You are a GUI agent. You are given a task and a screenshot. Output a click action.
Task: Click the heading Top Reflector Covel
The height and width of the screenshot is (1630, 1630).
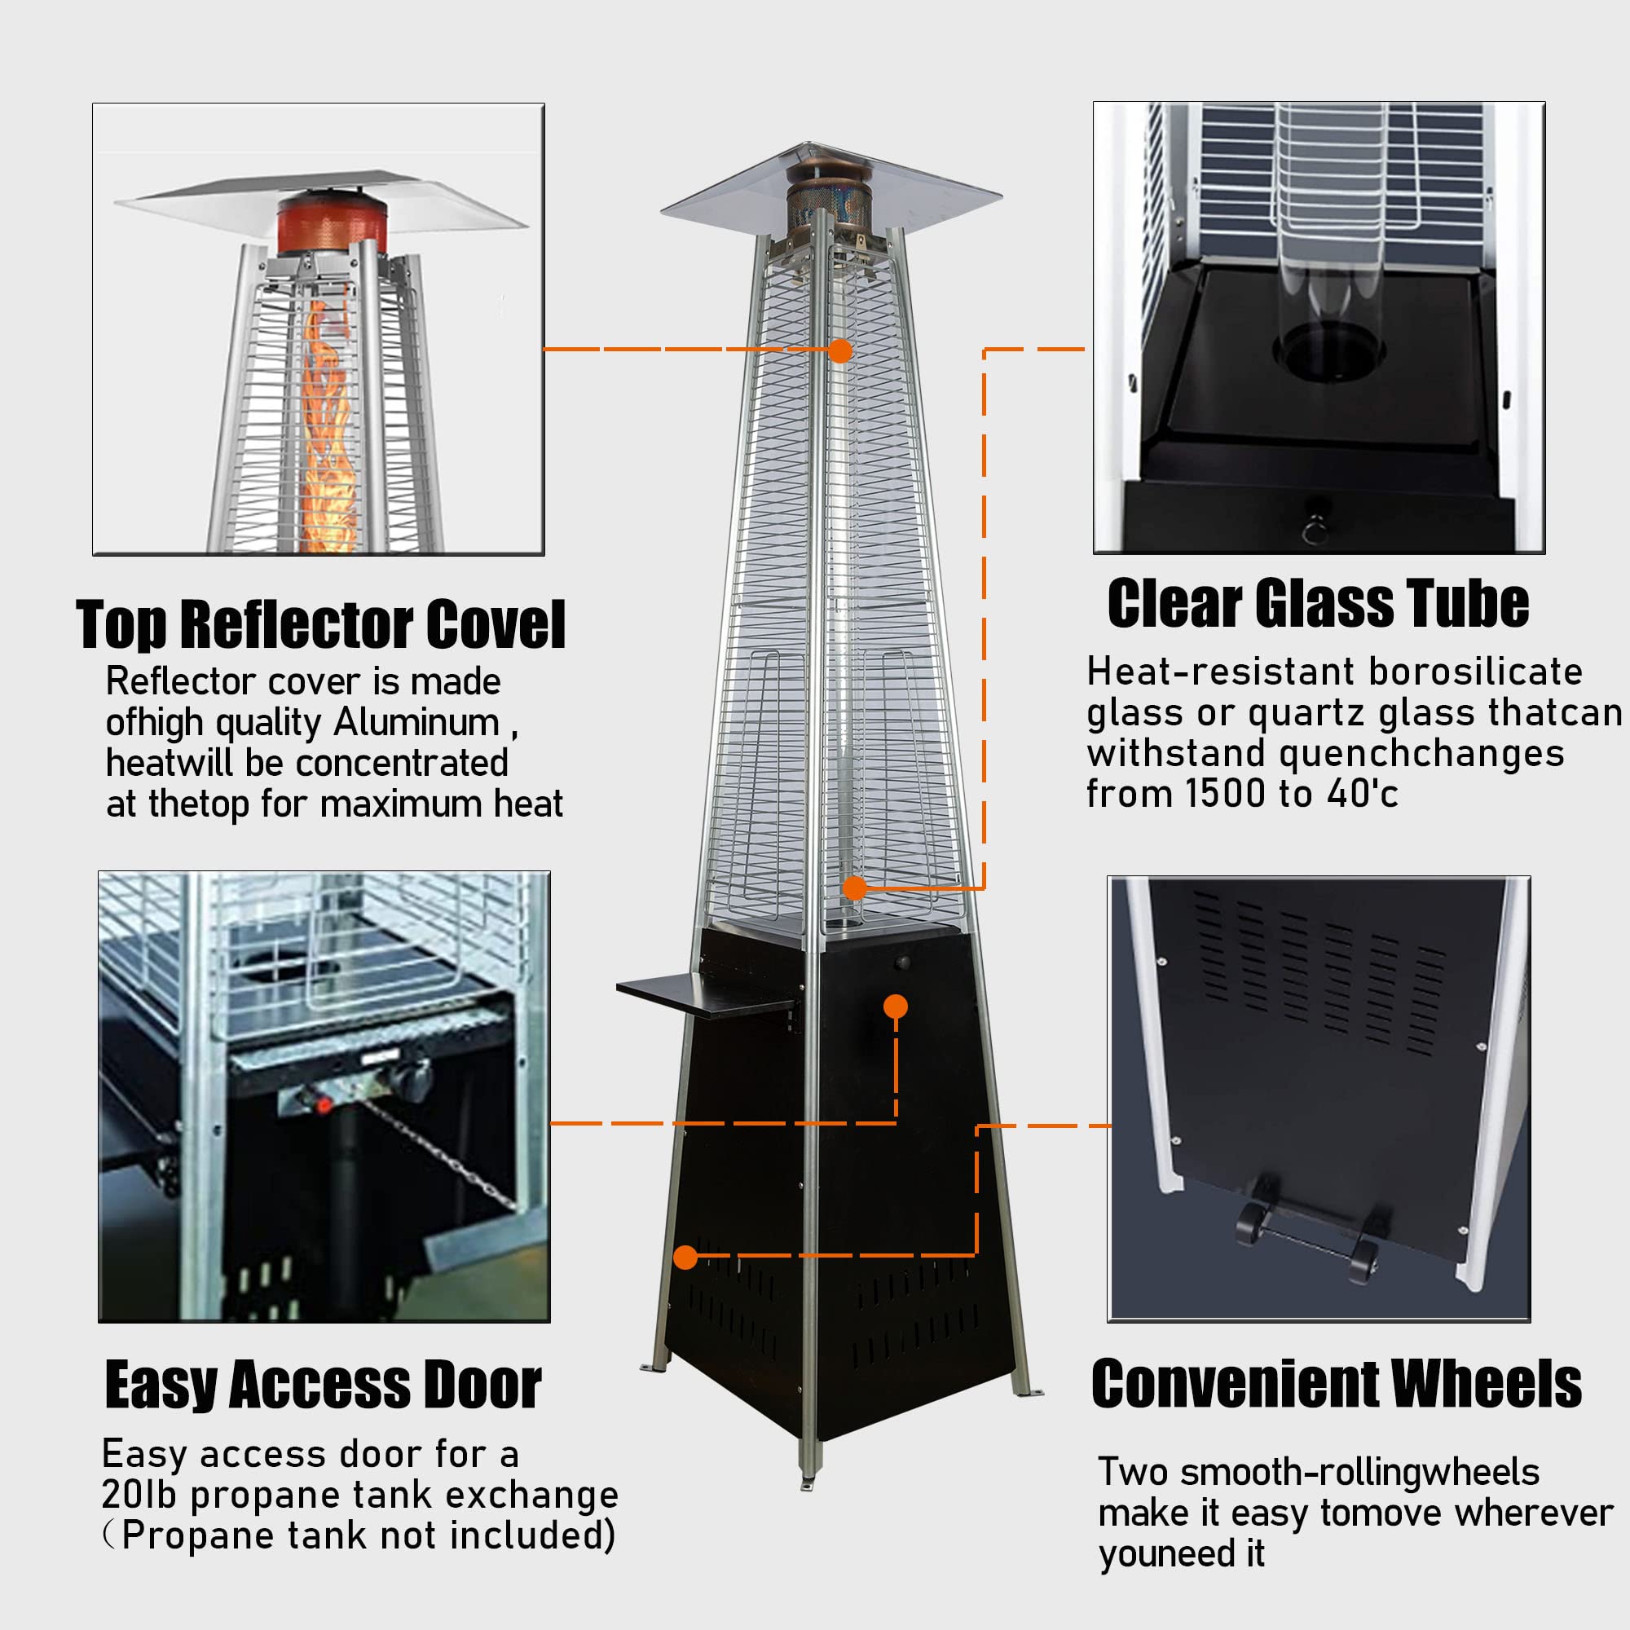320,625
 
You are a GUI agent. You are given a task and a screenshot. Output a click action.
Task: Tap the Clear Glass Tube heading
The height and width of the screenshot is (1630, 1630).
1318,604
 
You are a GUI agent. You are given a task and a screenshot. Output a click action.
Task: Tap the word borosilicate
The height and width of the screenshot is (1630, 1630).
1476,672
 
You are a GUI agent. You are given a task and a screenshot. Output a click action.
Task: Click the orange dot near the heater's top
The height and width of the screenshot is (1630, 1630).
839,351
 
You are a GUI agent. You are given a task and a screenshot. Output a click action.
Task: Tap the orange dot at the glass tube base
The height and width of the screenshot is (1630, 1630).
855,888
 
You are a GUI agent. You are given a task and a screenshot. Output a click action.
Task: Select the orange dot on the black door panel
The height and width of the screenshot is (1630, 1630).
895,1007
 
